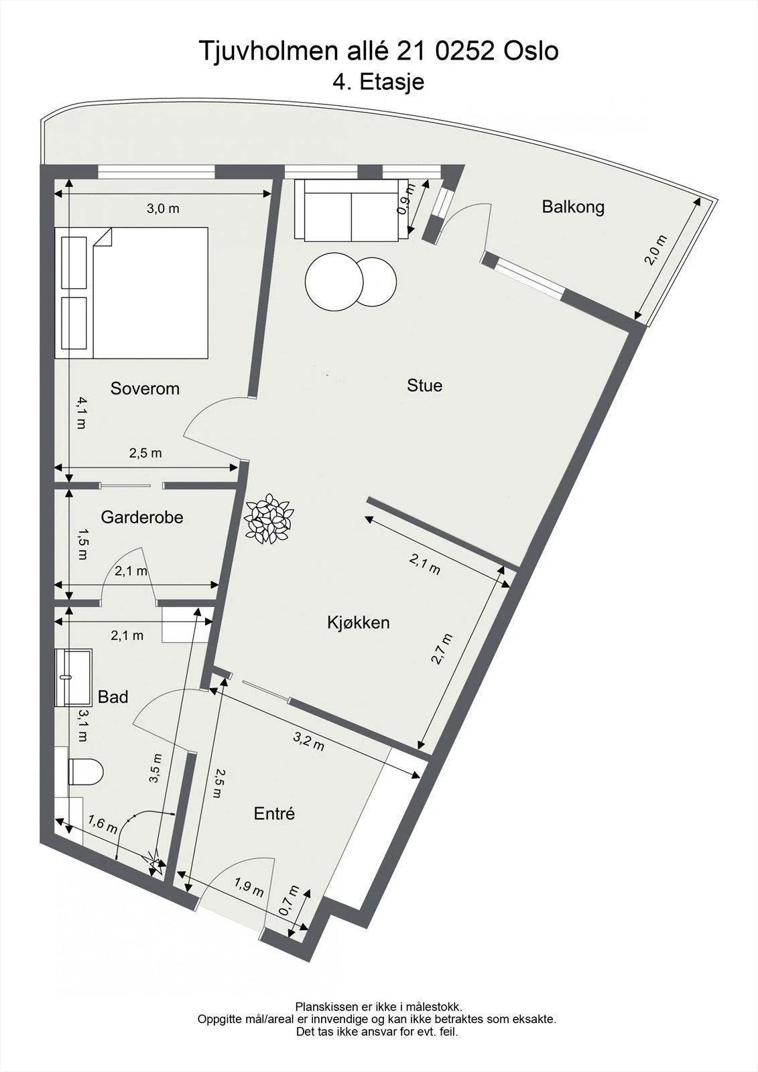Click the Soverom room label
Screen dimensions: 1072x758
pyautogui.click(x=145, y=389)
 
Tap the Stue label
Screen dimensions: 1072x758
pyautogui.click(x=424, y=385)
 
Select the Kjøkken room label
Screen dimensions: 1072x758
pyautogui.click(x=358, y=622)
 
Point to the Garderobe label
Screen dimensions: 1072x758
pyautogui.click(x=142, y=517)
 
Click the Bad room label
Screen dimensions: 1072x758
pyautogui.click(x=113, y=697)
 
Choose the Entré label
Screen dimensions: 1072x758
pyautogui.click(x=274, y=813)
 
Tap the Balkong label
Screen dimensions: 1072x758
pyautogui.click(x=573, y=206)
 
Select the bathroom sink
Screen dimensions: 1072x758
pyautogui.click(x=74, y=677)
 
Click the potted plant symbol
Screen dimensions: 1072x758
pyautogui.click(x=269, y=518)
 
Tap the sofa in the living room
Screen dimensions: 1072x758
pyautogui.click(x=352, y=210)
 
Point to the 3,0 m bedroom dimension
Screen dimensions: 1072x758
pyautogui.click(x=163, y=208)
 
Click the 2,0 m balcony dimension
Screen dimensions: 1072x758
pyautogui.click(x=656, y=250)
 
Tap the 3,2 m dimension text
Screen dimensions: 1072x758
pyautogui.click(x=309, y=742)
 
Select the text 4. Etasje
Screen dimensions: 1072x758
pyautogui.click(x=378, y=82)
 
